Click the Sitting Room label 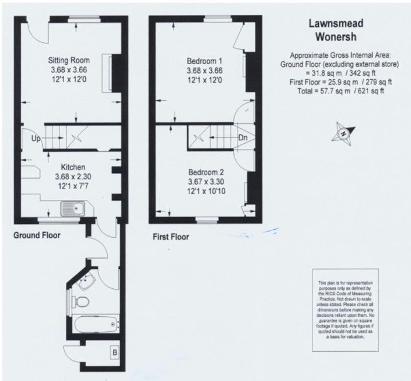click(69, 60)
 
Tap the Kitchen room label click(73, 167)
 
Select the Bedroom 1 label click(204, 61)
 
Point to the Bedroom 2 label click(206, 172)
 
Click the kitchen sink click(73, 209)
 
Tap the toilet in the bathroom click(81, 302)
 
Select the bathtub click(96, 324)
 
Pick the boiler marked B click(115, 353)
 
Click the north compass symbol click(343, 133)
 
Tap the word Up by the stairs click(36, 138)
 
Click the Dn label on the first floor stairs click(243, 138)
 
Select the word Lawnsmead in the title click(336, 23)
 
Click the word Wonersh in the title click(336, 37)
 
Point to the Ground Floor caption click(37, 235)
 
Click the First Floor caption click(171, 237)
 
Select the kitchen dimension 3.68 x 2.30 click(73, 176)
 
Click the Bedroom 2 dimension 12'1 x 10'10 click(206, 191)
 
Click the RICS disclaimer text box click(346, 310)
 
